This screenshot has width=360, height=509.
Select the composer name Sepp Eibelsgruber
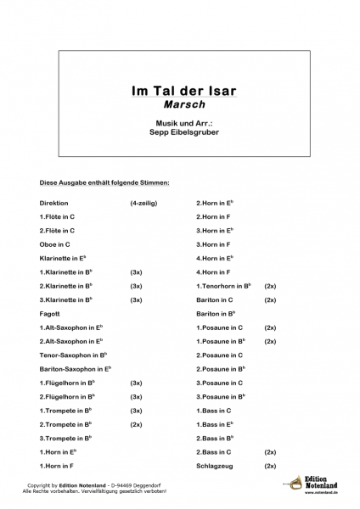[178, 133]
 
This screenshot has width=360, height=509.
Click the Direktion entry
[53, 204]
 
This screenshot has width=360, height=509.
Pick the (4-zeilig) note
[143, 204]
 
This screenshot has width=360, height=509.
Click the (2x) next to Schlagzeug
[270, 466]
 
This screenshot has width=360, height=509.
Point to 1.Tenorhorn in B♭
[223, 286]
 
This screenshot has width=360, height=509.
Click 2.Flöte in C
[57, 230]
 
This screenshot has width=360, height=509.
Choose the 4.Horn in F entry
[214, 271]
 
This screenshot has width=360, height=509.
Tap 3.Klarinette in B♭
[66, 299]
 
